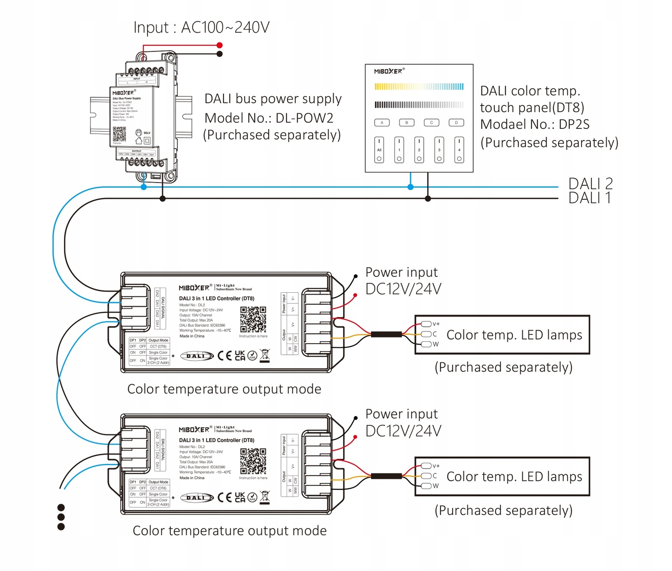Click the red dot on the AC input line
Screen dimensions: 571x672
coord(220,45)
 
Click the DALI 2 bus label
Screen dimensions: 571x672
coord(590,183)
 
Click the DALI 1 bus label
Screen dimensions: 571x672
coord(589,198)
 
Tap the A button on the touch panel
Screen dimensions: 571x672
coord(382,123)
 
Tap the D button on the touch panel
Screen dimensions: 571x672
coord(456,123)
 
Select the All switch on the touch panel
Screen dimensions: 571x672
coord(379,150)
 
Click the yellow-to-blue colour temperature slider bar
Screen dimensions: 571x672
coord(419,86)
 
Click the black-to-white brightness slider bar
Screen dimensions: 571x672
coord(419,105)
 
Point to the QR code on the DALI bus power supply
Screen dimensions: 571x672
coord(119,134)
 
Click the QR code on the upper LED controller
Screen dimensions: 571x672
coord(253,319)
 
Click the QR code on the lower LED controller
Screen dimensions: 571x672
coord(253,461)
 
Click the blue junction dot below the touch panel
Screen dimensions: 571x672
coord(411,187)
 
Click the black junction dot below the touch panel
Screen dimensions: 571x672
coord(428,199)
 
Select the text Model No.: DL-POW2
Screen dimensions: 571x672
coord(269,118)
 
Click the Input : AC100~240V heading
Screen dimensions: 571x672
coord(202,28)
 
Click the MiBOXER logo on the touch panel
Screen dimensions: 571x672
coord(388,71)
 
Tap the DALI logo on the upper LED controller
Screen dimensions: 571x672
coord(196,356)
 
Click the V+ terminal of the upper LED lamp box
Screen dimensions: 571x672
coord(426,324)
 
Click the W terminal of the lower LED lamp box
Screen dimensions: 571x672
coord(426,486)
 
